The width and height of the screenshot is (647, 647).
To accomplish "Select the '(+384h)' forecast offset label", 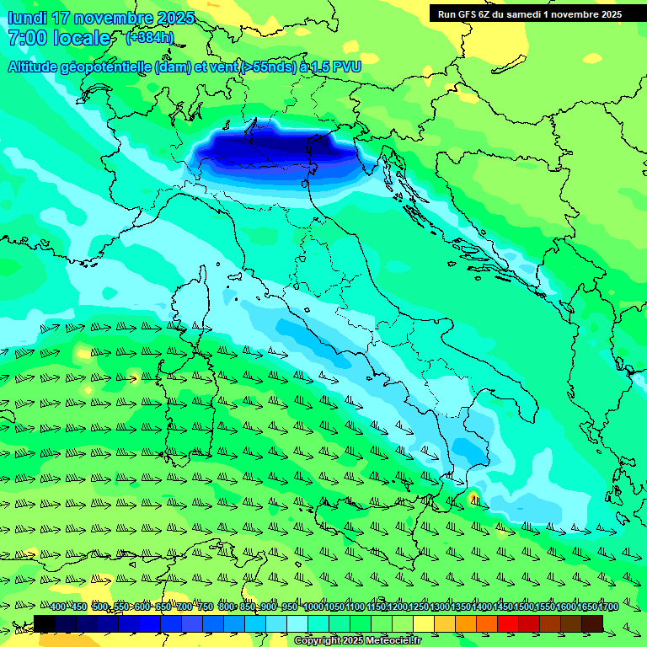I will pos(150,37).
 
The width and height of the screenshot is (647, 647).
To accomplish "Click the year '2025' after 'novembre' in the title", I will pos(176,17).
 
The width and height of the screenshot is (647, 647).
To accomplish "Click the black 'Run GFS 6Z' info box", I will pos(529,13).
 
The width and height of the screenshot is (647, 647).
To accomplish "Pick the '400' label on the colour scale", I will pos(58,607).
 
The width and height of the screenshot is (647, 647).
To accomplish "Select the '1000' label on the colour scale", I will pos(313,607).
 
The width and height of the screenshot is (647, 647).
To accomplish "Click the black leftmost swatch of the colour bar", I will pos(45,623).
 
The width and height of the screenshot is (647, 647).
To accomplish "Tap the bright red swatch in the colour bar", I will pos(508,623).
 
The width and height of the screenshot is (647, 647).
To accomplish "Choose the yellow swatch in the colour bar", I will pos(424,623).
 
